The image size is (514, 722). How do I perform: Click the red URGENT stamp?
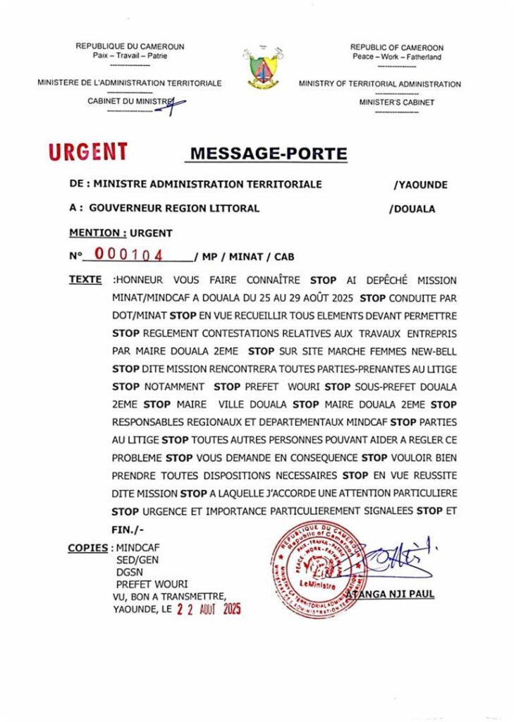click(x=88, y=152)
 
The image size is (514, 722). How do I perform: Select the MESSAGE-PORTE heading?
click(x=269, y=154)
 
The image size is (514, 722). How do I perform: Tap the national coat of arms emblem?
click(x=257, y=68)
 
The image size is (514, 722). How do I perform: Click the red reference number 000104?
click(x=129, y=255)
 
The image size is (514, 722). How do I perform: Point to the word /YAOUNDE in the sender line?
click(x=420, y=185)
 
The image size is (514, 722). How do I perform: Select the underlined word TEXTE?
click(x=85, y=280)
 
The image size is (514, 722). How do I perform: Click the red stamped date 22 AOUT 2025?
click(x=209, y=609)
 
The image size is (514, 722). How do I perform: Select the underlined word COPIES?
click(x=88, y=548)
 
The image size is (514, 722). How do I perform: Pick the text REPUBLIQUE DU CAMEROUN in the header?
click(x=130, y=47)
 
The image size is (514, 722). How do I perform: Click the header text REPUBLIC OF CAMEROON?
click(x=397, y=48)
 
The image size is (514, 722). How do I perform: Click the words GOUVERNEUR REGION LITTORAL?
click(x=174, y=208)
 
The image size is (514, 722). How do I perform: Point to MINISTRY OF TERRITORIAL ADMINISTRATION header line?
click(x=379, y=84)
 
